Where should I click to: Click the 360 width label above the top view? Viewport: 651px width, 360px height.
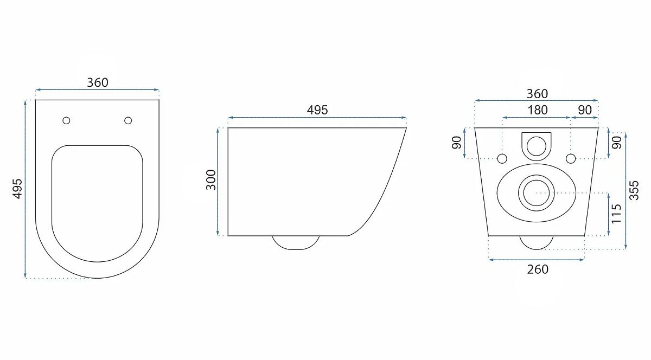(x=98, y=83)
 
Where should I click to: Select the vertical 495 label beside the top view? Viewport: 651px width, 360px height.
(x=17, y=189)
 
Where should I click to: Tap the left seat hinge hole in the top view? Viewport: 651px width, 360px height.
(x=66, y=120)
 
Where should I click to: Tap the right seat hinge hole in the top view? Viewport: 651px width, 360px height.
(x=128, y=120)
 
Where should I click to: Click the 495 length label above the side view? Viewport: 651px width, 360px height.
(x=317, y=110)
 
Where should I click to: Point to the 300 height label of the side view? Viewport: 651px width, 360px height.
(x=211, y=180)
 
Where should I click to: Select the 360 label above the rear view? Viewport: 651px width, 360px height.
(x=538, y=94)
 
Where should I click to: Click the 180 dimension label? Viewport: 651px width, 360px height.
(x=538, y=110)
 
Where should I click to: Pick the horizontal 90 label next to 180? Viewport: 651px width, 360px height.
(x=585, y=110)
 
